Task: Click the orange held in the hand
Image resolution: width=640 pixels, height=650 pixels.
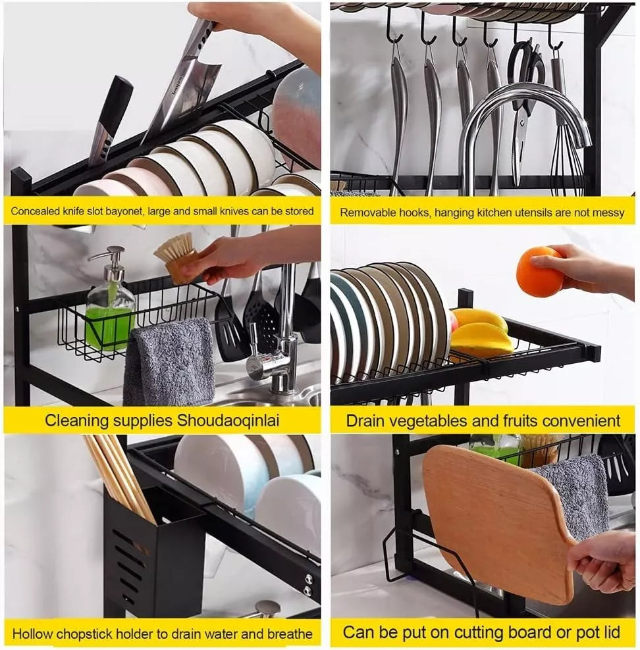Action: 539,271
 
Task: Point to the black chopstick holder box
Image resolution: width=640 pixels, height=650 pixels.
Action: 154,551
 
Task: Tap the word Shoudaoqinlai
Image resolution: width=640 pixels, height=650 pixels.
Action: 228,421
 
